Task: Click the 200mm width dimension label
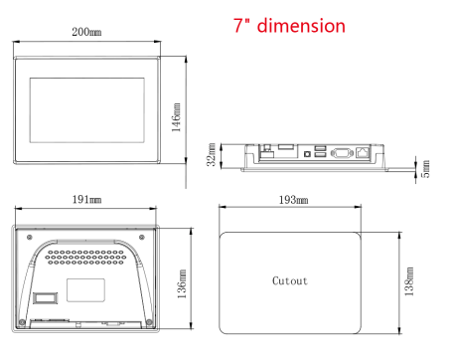click(x=86, y=32)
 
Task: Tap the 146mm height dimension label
click(x=176, y=117)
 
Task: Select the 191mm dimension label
click(x=86, y=200)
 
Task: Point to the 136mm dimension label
click(x=182, y=283)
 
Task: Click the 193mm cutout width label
click(x=293, y=200)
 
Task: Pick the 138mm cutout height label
click(x=409, y=281)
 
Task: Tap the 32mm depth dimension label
click(x=212, y=154)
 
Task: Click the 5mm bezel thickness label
click(x=425, y=169)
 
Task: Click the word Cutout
click(x=290, y=280)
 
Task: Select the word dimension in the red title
click(x=301, y=26)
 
